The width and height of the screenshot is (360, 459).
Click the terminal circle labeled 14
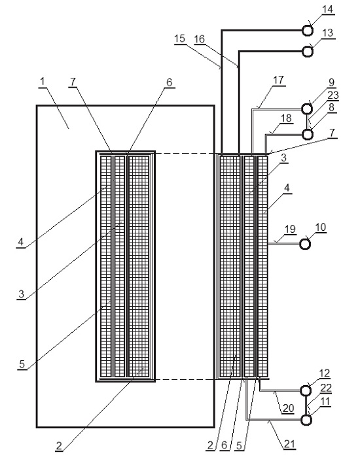click(307, 31)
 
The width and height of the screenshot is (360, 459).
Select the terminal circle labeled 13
click(307, 52)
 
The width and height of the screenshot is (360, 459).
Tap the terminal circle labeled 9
click(307, 109)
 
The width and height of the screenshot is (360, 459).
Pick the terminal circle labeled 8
click(307, 134)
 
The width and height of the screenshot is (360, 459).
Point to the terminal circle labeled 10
click(305, 244)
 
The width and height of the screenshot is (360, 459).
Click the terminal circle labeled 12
click(306, 390)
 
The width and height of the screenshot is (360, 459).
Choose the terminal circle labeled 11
click(306, 420)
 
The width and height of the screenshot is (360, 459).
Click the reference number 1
click(43, 81)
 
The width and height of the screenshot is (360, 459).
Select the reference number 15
click(179, 39)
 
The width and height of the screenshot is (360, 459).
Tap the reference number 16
click(200, 39)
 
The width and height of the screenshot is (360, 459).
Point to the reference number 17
click(278, 80)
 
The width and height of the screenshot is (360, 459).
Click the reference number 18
click(286, 118)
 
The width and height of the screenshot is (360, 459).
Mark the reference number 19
click(290, 229)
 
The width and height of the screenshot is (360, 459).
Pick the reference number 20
click(288, 407)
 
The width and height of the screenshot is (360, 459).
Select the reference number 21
click(289, 444)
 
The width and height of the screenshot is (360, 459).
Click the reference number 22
click(325, 388)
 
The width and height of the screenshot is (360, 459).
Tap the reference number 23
click(333, 95)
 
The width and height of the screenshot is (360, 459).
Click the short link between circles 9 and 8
click(307, 122)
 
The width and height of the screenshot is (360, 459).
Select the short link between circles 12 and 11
click(306, 405)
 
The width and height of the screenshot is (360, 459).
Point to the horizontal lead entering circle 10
click(284, 243)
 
